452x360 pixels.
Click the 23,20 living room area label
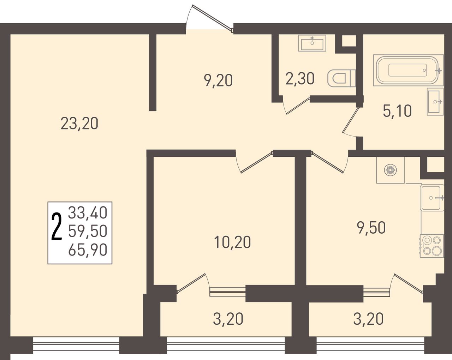click(79, 124)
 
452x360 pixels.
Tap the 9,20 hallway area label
click(218, 80)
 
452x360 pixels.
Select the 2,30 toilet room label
click(300, 79)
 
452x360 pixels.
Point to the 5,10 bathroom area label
click(397, 111)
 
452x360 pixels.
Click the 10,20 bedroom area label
click(232, 242)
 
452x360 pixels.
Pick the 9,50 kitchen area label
click(371, 228)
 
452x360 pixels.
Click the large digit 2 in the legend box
click(57, 226)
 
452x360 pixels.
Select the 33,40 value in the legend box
click(88, 212)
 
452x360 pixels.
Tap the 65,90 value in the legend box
click(88, 250)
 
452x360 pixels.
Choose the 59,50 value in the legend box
click(88, 231)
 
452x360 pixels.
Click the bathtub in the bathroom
click(408, 70)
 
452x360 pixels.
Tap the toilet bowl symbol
click(341, 78)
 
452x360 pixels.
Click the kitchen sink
click(432, 198)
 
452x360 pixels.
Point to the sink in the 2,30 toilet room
click(312, 43)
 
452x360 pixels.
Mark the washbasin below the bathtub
click(435, 102)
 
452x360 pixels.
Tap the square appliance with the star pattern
click(390, 170)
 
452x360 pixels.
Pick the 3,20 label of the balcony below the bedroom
click(228, 319)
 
